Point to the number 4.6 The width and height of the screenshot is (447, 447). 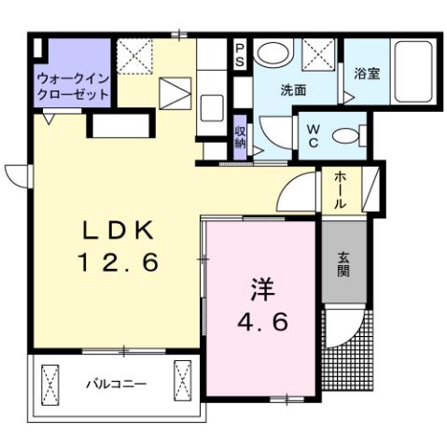point(260,322)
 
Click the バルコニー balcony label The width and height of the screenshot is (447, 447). point(117,384)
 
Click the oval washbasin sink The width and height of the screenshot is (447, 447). point(274,53)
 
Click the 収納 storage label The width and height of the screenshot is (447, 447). point(241,136)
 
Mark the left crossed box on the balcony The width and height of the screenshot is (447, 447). point(50,381)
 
